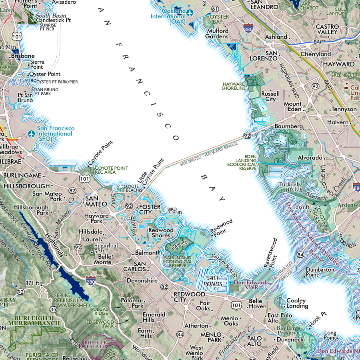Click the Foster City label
pos(149,210)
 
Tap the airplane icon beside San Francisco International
pos(32,133)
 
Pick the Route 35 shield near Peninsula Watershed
pos(53,309)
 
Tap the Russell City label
pos(270,96)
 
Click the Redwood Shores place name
pos(161,233)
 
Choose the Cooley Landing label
pos(296,303)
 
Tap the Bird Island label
pos(174,211)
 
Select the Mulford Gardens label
pos(217,34)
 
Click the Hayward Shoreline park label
pos(234,86)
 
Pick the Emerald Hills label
pos(154,318)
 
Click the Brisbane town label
pos(23,56)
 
